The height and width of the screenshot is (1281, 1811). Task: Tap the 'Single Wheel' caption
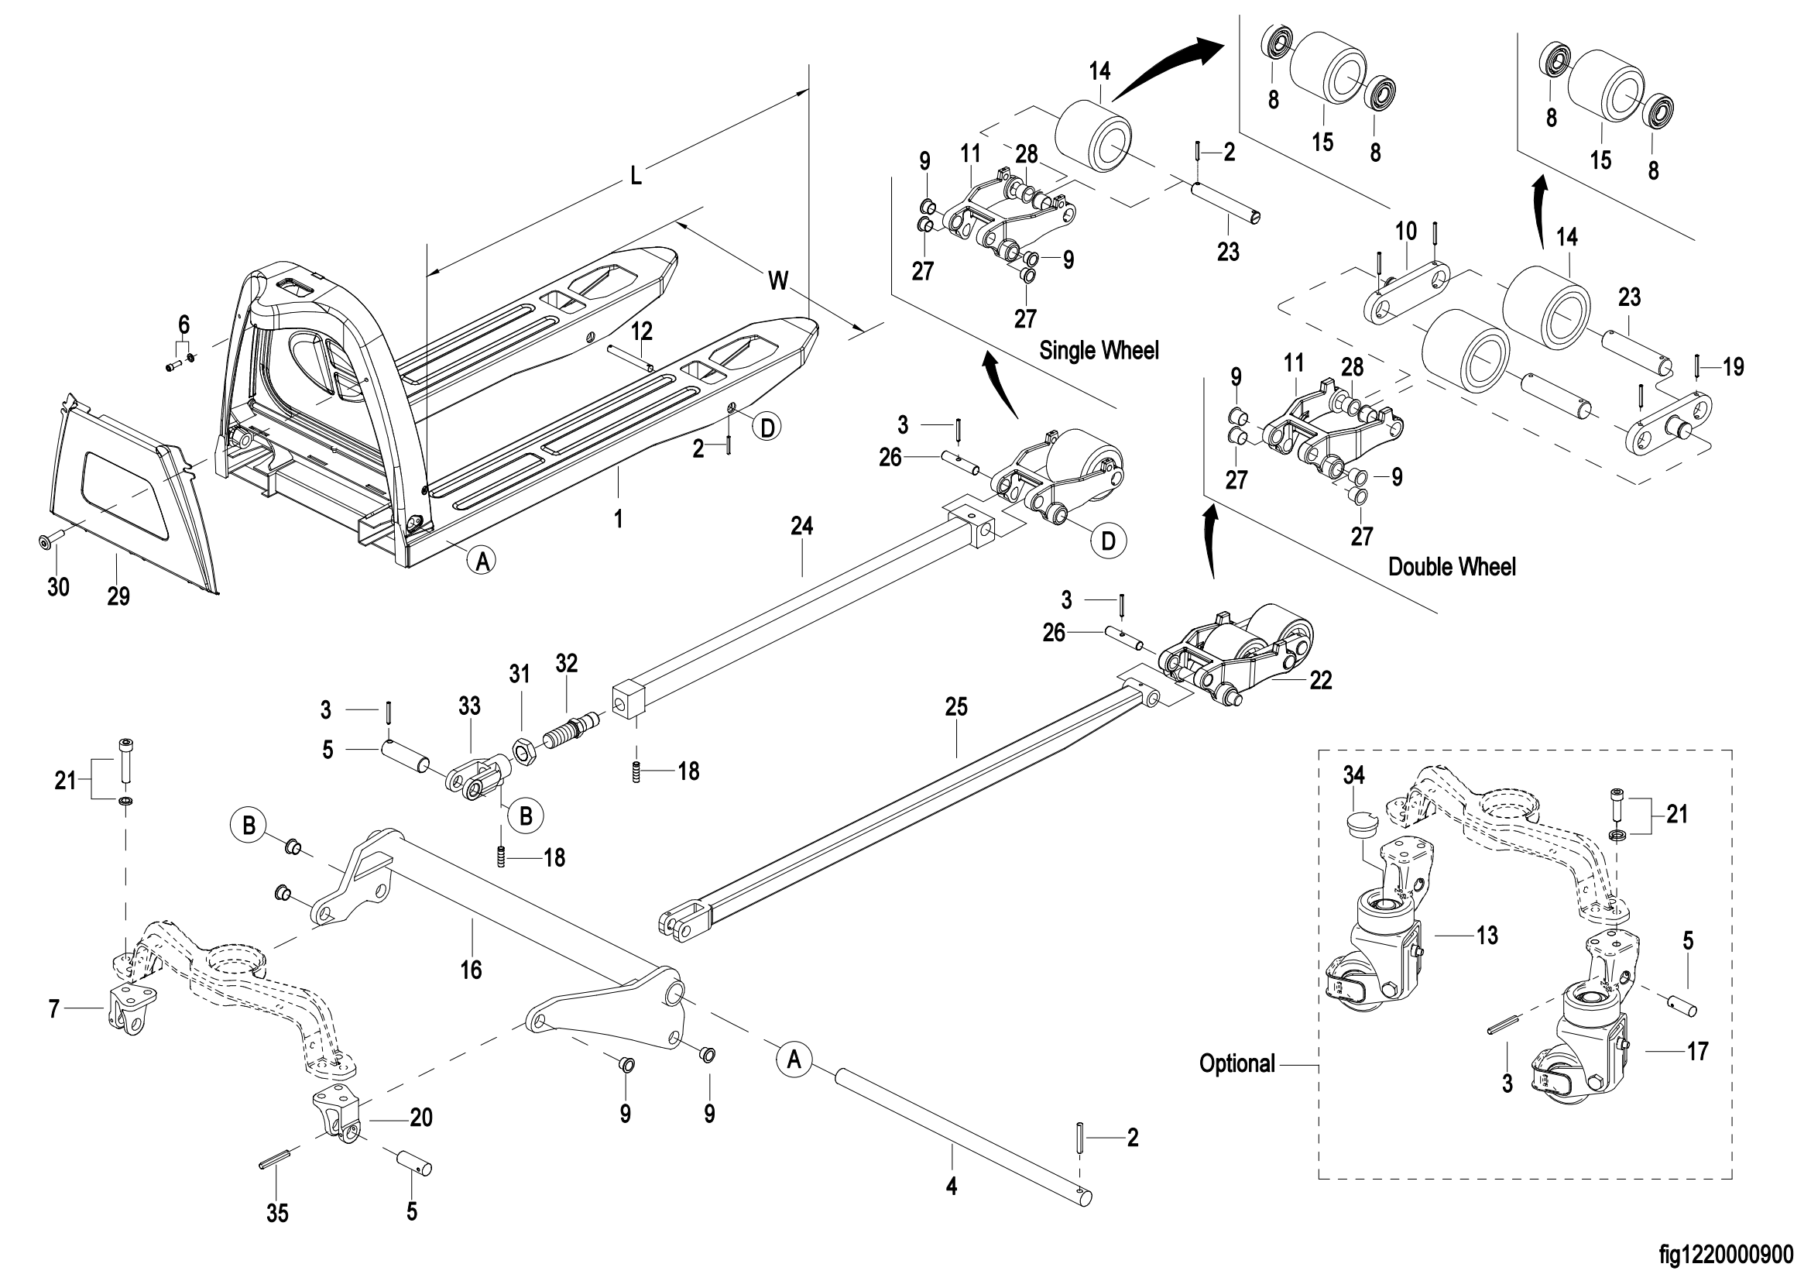coord(1099,350)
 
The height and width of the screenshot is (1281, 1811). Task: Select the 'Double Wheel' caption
coord(1451,567)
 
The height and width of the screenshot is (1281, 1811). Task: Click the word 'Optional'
coord(1236,1064)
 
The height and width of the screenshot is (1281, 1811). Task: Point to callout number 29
coord(118,596)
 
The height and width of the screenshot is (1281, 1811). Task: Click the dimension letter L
coord(636,176)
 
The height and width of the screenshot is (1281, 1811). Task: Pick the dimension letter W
coord(778,280)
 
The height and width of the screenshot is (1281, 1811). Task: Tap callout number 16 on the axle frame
coord(471,970)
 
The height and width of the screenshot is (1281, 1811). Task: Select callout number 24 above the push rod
coord(801,526)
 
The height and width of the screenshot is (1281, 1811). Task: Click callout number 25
coord(956,707)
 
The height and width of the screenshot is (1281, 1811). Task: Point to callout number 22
coord(1320,681)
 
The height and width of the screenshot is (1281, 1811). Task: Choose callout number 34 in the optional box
coord(1353,776)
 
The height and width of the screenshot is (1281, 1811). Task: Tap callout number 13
coord(1487,936)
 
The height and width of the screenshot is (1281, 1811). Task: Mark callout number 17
coord(1696,1052)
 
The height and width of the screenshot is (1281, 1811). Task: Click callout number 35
coord(277,1213)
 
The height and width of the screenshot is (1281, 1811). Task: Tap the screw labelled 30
coord(46,541)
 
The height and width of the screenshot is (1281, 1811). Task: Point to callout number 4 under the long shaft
coord(952,1187)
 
